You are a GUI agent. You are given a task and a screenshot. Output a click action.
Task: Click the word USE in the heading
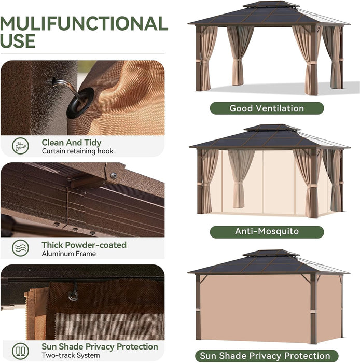(18, 41)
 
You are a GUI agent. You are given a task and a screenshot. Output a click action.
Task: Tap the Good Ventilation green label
(267, 108)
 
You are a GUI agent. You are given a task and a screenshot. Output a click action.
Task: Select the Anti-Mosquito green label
(267, 231)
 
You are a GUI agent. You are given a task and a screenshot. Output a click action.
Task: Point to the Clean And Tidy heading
(72, 142)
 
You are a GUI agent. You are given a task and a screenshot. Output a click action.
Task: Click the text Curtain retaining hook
(77, 151)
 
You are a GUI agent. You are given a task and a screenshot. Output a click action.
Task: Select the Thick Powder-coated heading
(84, 245)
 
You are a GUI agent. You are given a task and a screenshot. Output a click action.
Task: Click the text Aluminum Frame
(68, 254)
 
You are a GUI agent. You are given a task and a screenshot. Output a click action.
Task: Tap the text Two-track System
(72, 356)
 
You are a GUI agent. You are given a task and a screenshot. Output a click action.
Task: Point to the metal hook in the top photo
(61, 84)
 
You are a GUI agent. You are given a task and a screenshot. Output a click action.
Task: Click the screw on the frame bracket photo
(114, 176)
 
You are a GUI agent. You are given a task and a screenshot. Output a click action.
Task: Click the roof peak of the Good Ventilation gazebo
(271, 4)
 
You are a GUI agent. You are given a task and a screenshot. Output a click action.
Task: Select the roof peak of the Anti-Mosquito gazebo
(271, 127)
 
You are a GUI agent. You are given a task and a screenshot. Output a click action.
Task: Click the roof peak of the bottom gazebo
(271, 253)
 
